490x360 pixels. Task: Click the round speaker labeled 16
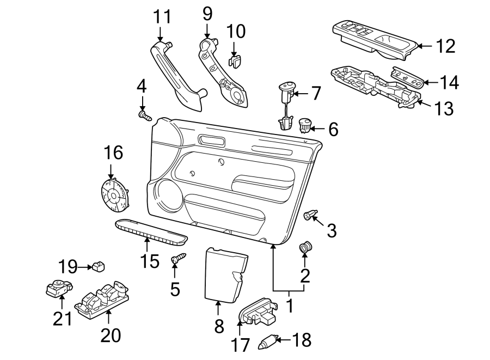[114, 195]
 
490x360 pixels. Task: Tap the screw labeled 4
[144, 115]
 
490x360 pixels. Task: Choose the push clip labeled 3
[310, 216]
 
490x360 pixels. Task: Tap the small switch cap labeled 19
[98, 266]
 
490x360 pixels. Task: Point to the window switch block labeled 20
[106, 299]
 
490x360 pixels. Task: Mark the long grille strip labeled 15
[151, 232]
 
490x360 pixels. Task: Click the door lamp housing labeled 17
[256, 313]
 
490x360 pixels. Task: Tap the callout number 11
[161, 17]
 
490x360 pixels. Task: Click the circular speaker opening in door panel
[169, 194]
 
